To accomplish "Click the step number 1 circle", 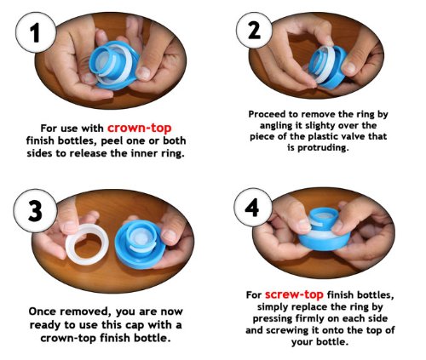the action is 36,32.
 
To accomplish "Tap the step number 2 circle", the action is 254,30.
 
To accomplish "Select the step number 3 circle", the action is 35,211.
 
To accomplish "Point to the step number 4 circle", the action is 252,208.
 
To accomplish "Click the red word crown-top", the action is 140,128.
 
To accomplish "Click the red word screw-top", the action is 294,294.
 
